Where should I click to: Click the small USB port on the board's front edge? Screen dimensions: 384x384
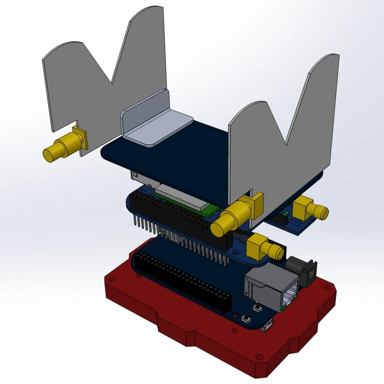[266, 326]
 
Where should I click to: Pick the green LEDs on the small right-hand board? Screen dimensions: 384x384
[285, 214]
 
